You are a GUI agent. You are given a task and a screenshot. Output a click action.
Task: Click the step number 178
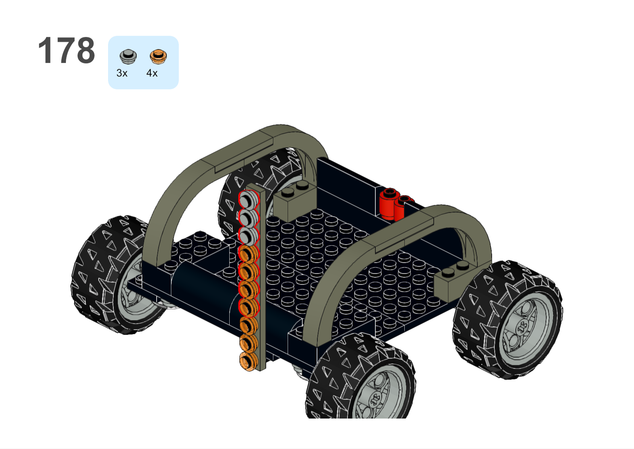[67, 50]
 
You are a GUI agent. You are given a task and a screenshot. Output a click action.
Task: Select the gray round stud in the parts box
[128, 57]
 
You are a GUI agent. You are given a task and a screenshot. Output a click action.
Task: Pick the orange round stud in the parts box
[158, 57]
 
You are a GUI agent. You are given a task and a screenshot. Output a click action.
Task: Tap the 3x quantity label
[122, 73]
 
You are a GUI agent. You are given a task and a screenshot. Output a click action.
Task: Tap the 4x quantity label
[152, 73]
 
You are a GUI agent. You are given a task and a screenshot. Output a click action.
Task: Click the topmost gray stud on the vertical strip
[249, 200]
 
